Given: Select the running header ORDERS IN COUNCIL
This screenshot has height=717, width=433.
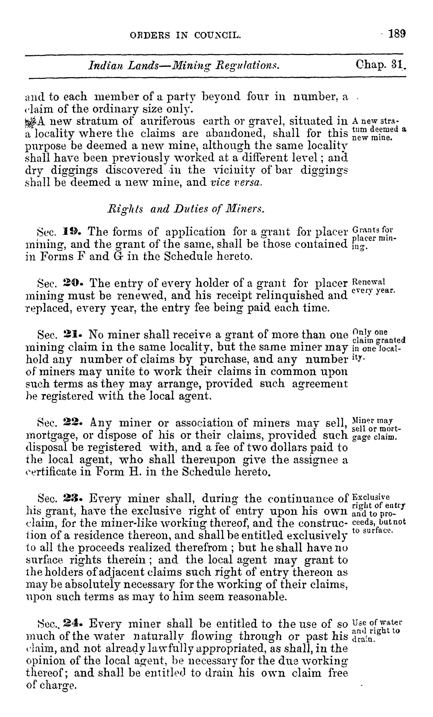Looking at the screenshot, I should click(185, 36).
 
